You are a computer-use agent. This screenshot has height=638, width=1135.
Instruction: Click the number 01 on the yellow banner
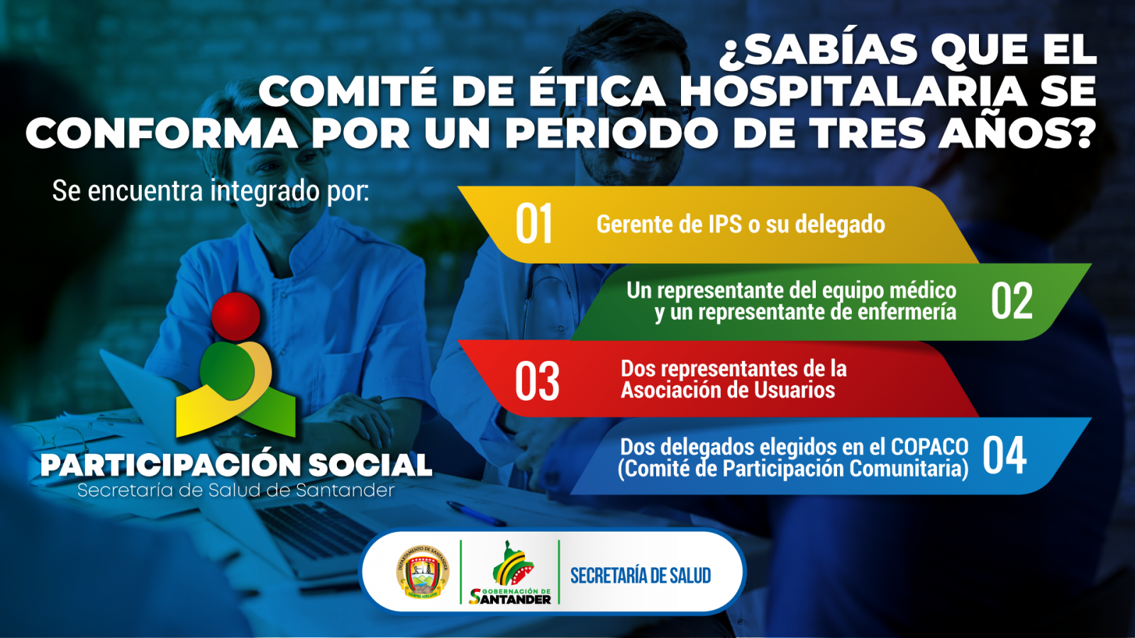coord(533,224)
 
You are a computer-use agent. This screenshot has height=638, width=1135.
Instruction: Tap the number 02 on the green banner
coord(1012,301)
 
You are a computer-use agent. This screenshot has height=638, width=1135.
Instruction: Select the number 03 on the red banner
coord(537,381)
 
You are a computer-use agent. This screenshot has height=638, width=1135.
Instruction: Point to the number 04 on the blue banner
coord(1004,455)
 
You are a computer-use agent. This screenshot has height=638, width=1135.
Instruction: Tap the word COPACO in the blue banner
coord(929,447)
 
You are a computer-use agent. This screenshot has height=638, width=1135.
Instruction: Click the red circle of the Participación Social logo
coord(236,316)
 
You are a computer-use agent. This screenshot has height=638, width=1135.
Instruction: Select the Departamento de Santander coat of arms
coord(423,572)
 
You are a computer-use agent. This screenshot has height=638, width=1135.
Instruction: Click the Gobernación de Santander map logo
coord(510,572)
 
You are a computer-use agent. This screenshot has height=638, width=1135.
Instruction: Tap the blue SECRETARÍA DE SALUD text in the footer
coord(641,576)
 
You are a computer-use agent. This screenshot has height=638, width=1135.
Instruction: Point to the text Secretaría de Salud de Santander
coord(236,491)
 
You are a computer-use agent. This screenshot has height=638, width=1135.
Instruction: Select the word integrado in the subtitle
coord(265,191)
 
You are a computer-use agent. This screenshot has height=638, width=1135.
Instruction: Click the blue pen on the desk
coord(476,514)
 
